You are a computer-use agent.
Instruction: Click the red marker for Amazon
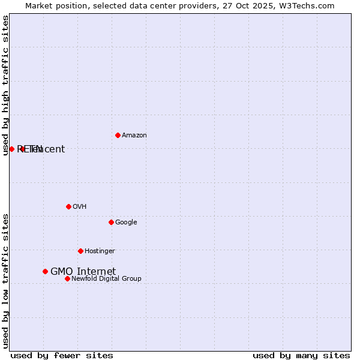pos(118,135)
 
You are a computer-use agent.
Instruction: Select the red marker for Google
pos(111,222)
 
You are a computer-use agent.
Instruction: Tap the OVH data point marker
pos(68,206)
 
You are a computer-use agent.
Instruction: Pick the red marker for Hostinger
pos(80,251)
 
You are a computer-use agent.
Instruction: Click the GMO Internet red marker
pos(45,271)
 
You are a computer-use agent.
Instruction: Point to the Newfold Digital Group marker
pos(67,278)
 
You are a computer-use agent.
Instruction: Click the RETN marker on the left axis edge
pos(11,149)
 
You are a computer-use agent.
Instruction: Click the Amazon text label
pos(134,136)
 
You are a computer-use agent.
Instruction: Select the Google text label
pos(126,223)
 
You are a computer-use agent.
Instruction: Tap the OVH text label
pos(79,207)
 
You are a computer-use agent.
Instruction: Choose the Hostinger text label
pos(100,251)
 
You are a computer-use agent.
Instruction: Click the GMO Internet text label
pos(83,272)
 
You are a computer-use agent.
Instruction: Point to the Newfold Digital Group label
pos(106,279)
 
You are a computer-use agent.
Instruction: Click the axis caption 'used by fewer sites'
pos(62,355)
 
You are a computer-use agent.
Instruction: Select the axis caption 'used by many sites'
pos(301,355)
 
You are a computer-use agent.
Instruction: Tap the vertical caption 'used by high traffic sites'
pos(5,85)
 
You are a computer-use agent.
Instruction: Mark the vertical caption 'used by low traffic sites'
pos(5,281)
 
